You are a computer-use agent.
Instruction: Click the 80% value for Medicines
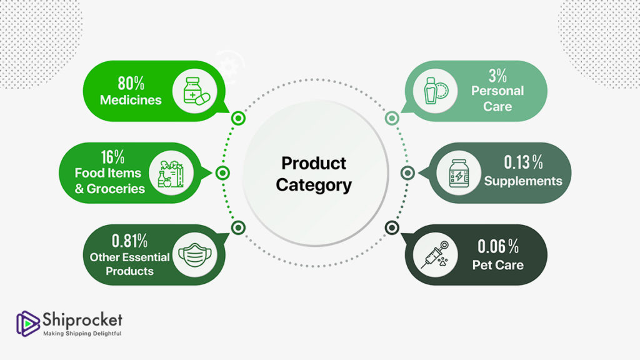(x=131, y=83)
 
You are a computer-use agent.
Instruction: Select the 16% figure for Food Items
(x=112, y=157)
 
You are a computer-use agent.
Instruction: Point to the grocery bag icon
(x=171, y=174)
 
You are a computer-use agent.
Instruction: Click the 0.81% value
(x=129, y=241)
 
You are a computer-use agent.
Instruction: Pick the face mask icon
(x=195, y=255)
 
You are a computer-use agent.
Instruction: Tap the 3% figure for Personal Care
(x=497, y=76)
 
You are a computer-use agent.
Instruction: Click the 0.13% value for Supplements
(x=523, y=162)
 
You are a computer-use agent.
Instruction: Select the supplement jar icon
(x=459, y=174)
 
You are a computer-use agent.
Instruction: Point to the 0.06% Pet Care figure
(x=498, y=246)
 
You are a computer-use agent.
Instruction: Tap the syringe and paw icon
(x=435, y=255)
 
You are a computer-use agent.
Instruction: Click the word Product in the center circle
(x=314, y=163)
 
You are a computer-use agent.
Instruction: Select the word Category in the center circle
(x=314, y=185)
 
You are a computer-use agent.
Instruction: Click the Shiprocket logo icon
(x=27, y=323)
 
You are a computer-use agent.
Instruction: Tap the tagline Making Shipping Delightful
(x=82, y=334)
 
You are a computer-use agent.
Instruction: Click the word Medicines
(x=131, y=100)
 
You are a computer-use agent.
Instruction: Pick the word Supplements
(x=523, y=181)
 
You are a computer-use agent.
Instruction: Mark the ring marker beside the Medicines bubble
(x=238, y=118)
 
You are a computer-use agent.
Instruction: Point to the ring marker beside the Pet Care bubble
(x=392, y=227)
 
